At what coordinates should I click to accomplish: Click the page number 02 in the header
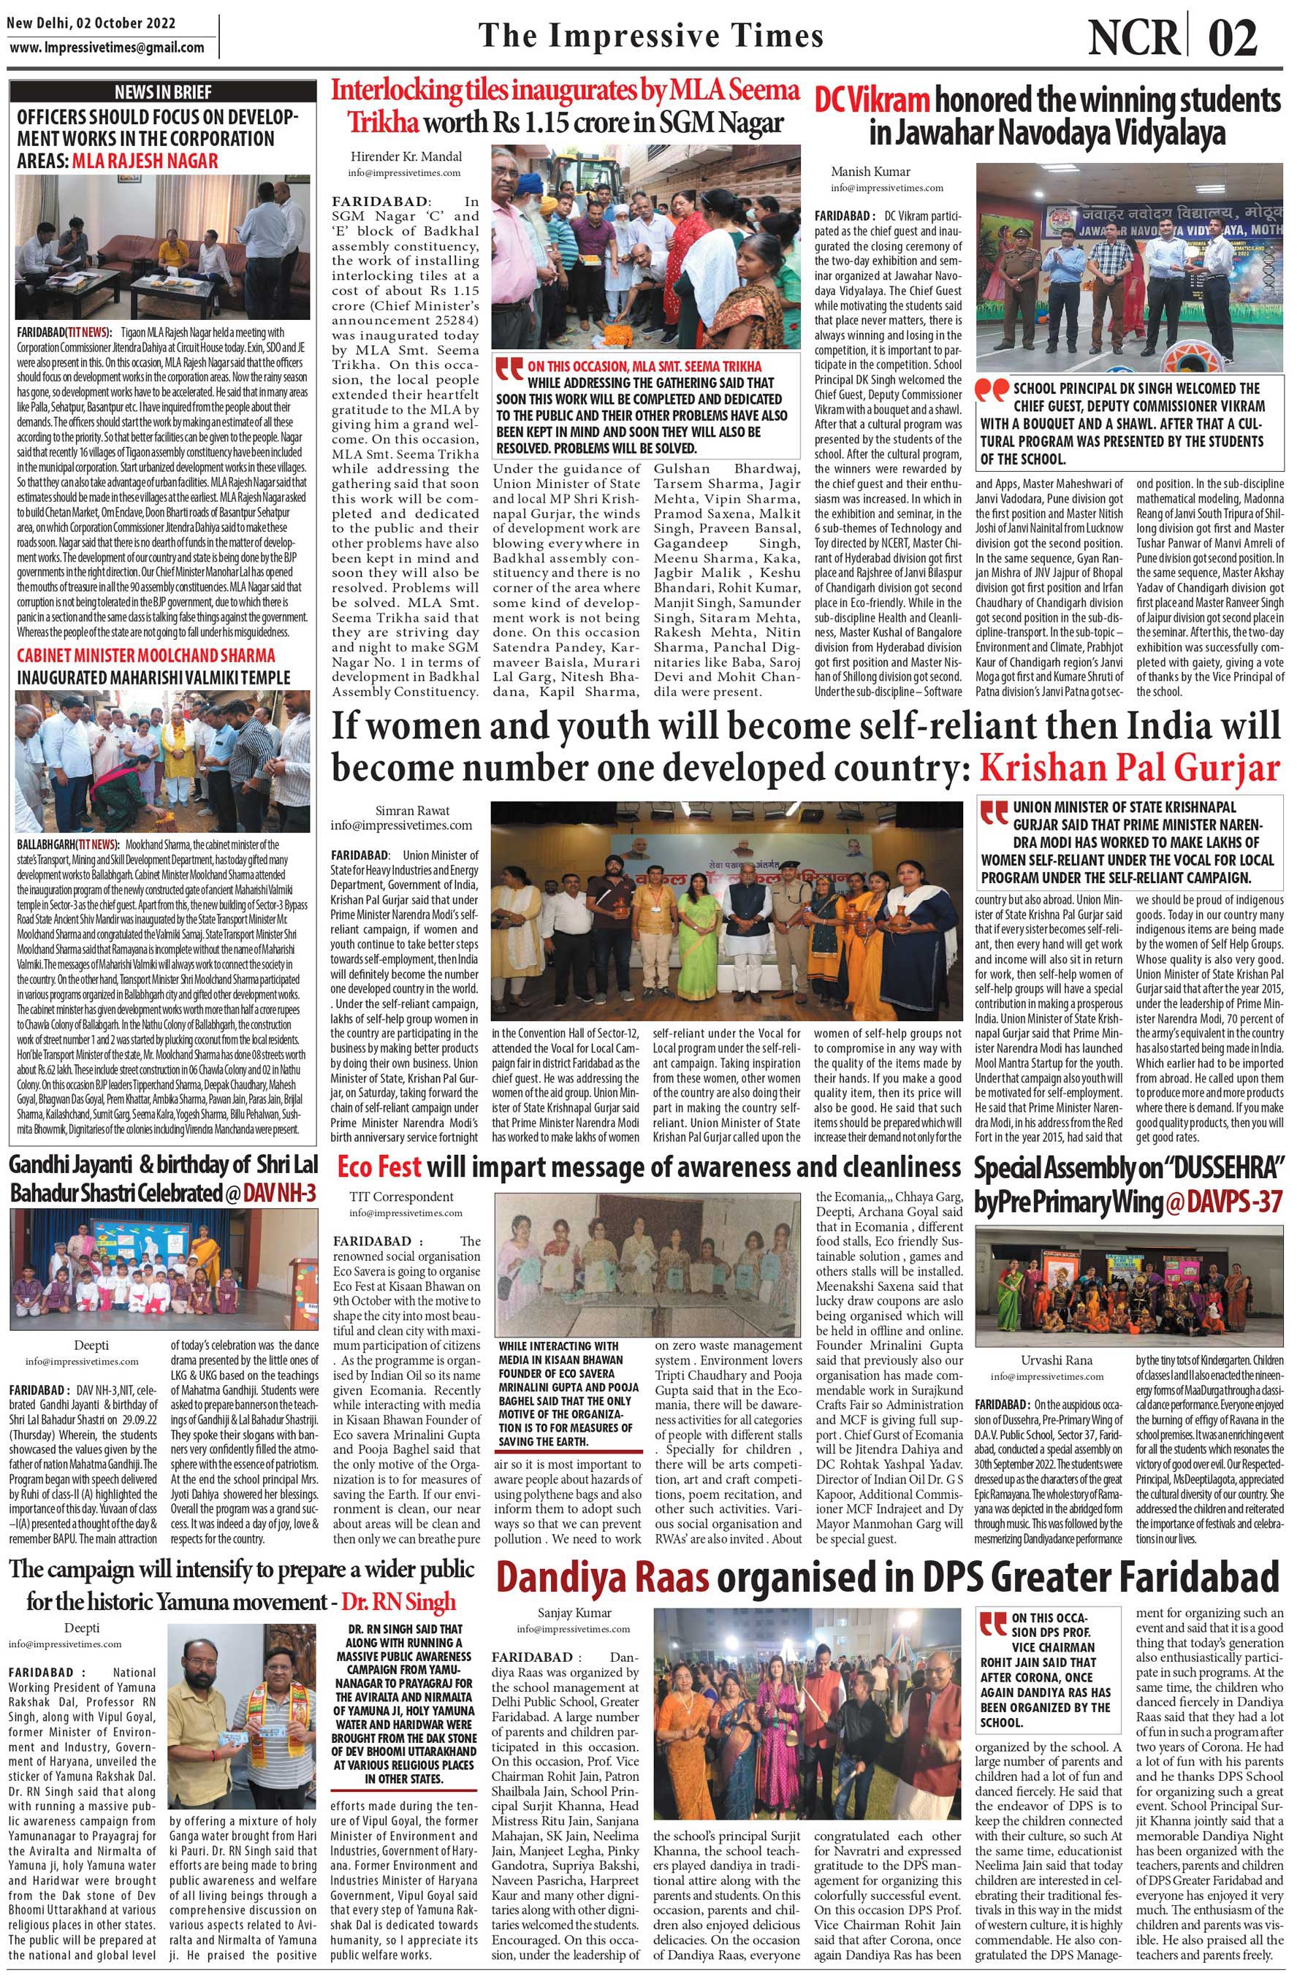(x=1233, y=37)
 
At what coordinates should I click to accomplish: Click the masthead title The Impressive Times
(x=651, y=36)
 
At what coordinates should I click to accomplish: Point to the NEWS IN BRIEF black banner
(x=163, y=91)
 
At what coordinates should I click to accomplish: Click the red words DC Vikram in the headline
(x=871, y=101)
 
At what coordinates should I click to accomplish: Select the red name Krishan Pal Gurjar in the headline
(x=1129, y=768)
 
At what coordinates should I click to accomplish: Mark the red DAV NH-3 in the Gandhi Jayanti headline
(x=280, y=1193)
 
